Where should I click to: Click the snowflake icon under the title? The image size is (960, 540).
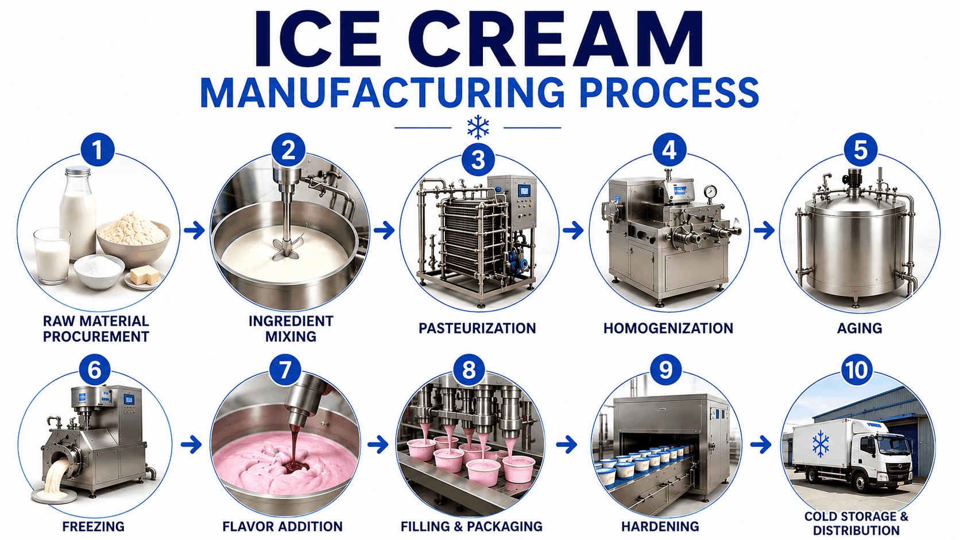point(478,127)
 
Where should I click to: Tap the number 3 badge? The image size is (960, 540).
point(478,160)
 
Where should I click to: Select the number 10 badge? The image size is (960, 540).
point(856,370)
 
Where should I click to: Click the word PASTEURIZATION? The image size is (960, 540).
point(477,328)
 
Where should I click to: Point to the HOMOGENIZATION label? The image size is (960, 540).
point(668,328)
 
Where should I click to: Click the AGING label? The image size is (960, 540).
point(860,328)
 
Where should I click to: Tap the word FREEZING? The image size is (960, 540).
point(94,526)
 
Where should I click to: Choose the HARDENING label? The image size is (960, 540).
point(660,526)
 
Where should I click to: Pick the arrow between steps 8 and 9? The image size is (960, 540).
point(567,445)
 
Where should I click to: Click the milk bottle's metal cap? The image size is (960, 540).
point(78,171)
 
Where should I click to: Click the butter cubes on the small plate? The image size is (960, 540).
point(144,274)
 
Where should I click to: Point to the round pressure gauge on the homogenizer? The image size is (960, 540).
point(710,192)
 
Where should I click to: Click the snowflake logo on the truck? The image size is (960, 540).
point(820,444)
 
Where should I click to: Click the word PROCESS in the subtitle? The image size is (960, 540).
point(668,93)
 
